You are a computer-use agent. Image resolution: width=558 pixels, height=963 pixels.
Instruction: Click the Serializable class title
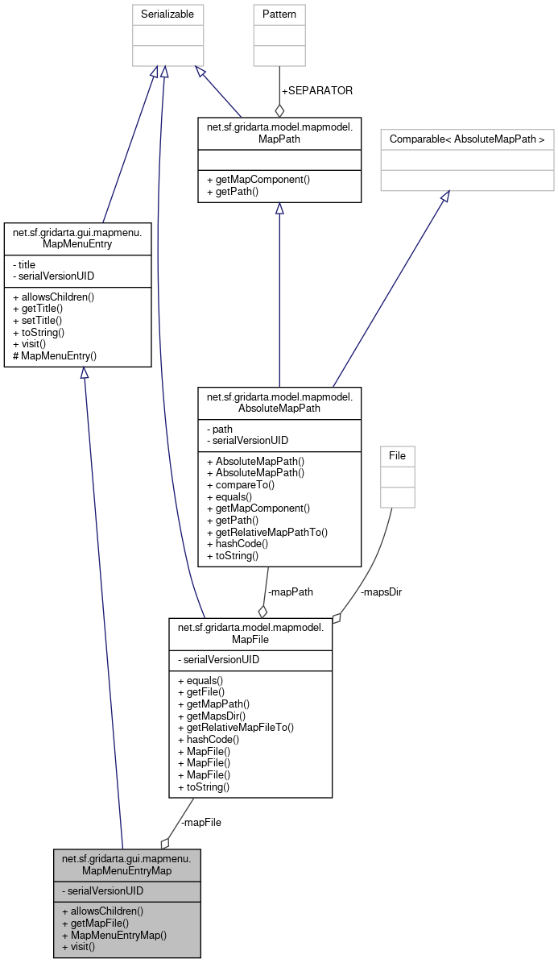tap(167, 14)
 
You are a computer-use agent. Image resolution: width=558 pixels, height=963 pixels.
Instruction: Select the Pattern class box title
tap(279, 14)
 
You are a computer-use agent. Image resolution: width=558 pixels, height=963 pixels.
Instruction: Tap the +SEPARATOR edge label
tap(316, 90)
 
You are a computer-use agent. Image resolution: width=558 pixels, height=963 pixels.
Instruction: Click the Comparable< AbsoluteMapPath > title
tap(467, 139)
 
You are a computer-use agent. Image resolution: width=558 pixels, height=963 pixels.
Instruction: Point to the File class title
tap(397, 455)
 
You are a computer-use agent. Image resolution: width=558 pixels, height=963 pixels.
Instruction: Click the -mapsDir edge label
tap(381, 591)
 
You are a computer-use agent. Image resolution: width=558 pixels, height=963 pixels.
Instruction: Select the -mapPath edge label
tap(290, 591)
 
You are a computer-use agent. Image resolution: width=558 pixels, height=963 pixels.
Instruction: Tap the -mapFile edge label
tap(200, 822)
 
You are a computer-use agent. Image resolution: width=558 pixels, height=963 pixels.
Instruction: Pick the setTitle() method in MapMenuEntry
tap(38, 320)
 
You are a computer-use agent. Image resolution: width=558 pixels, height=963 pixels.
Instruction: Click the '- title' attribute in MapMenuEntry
tap(27, 264)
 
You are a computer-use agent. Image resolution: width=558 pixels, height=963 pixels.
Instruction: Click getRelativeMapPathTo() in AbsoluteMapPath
tap(267, 532)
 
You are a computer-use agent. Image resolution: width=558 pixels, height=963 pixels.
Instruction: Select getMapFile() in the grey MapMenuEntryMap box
tap(96, 923)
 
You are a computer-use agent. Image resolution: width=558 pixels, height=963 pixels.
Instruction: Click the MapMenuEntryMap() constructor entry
tap(114, 935)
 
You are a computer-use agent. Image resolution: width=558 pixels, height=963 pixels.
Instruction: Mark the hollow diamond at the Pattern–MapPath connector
tap(279, 110)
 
